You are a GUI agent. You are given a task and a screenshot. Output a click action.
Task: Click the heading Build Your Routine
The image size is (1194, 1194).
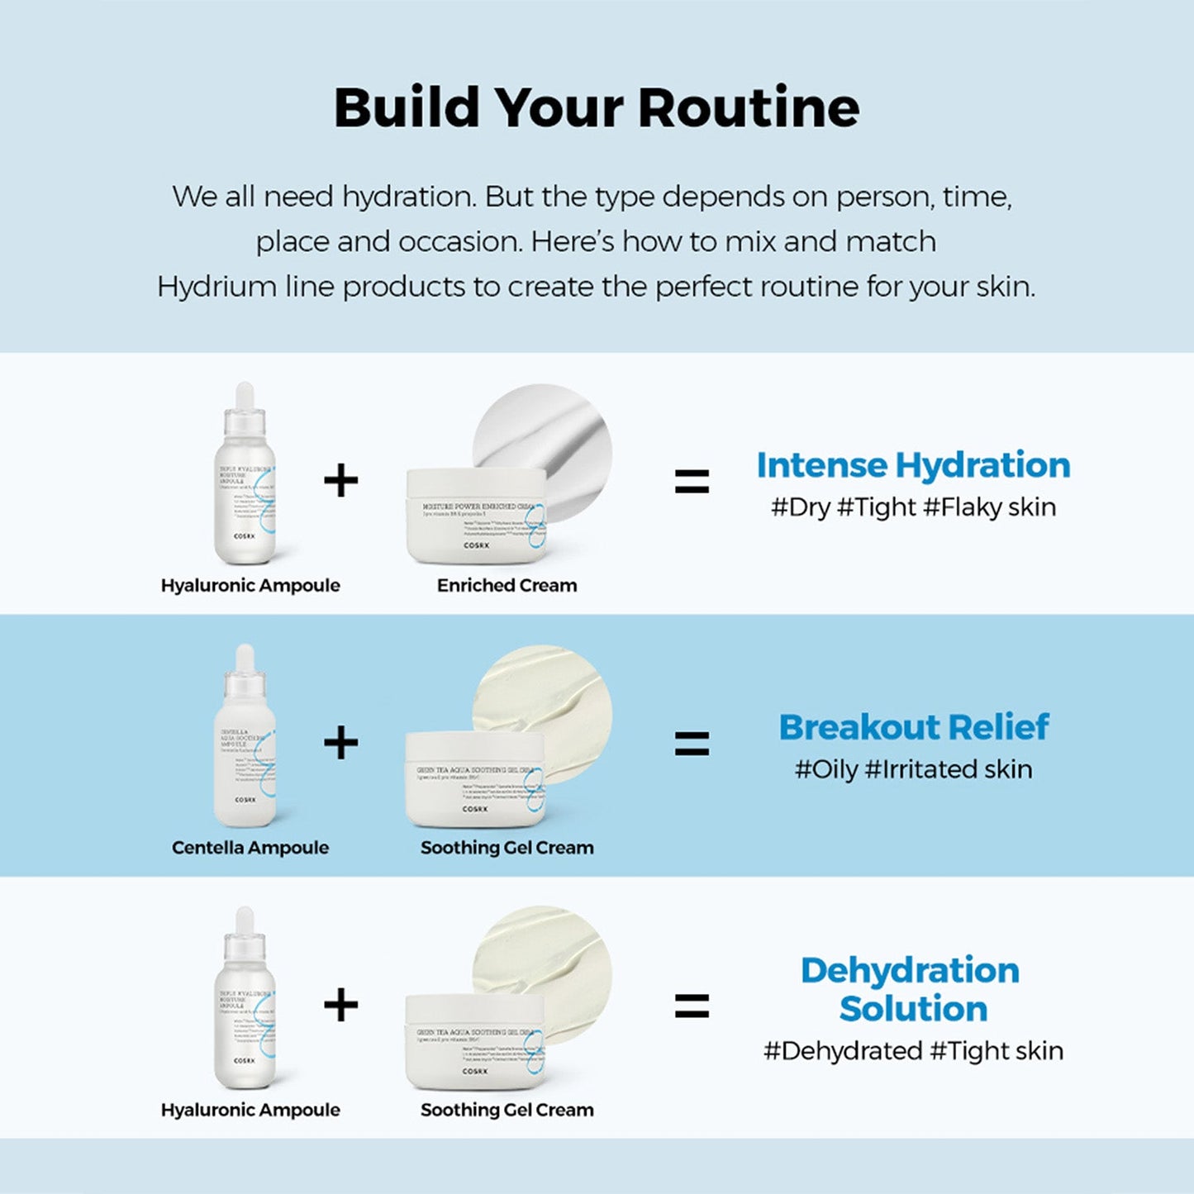pos(596,108)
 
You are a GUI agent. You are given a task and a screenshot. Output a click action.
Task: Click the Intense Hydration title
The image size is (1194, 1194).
pos(913,465)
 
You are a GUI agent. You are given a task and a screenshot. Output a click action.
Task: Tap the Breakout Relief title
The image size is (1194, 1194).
pos(913,727)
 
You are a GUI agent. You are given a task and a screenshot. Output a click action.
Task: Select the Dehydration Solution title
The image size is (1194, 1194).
pos(911,989)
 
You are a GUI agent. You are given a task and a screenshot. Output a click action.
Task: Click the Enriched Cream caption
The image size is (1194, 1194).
pos(507,585)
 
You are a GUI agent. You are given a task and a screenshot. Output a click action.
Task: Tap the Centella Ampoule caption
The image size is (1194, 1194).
pos(250,847)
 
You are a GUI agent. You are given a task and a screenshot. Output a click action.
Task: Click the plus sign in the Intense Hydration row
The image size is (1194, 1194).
pos(340,480)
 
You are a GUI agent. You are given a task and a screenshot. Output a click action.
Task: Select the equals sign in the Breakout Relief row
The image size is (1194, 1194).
pos(692,744)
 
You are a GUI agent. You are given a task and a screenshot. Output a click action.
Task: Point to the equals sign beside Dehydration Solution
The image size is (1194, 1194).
pos(692,1006)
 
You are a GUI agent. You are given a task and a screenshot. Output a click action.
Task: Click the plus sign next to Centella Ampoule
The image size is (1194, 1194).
pos(340,742)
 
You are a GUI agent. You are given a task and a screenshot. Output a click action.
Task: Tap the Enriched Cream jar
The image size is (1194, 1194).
pos(476,516)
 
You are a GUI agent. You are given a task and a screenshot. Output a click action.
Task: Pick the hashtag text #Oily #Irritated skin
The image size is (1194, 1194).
pos(913,769)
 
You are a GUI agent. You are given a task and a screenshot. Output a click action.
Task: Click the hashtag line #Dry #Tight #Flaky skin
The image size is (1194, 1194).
pos(913,507)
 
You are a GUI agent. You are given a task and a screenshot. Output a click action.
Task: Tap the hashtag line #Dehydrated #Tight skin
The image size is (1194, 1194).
pos(913,1051)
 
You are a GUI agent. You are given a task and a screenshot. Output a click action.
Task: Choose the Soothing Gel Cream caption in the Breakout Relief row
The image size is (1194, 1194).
pos(507,847)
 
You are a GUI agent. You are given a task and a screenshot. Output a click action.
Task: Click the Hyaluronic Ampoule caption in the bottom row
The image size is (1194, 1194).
pos(250,1110)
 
